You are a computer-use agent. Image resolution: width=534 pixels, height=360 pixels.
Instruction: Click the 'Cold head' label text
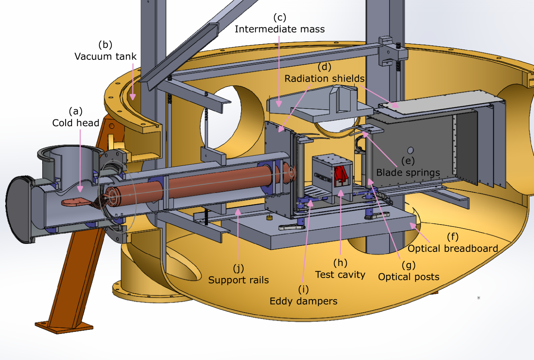pos(76,123)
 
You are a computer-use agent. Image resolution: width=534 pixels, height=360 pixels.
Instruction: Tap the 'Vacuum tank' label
pos(106,56)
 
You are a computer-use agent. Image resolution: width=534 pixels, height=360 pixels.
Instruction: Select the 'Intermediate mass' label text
pos(279,29)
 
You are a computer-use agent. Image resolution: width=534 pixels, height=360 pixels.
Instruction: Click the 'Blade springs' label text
pos(408,172)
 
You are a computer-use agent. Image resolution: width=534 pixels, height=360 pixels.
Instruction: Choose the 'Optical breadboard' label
pos(453,249)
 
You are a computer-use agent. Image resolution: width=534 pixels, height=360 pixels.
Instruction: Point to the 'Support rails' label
pos(238,280)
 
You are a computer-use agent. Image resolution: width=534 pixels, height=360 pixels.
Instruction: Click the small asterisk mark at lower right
pos(479,298)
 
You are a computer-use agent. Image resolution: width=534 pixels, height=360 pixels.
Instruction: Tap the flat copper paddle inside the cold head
pos(76,201)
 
